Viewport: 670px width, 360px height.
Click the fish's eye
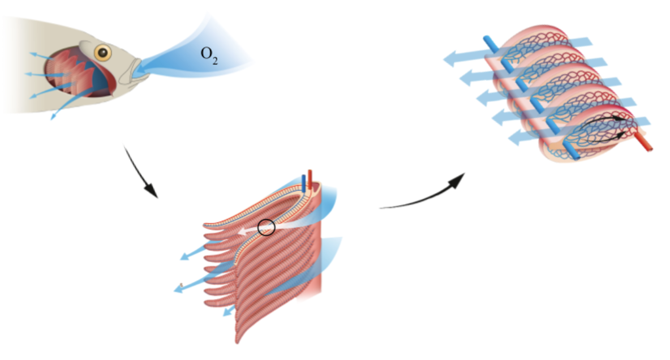coord(102,53)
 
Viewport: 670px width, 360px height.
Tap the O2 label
coord(209,55)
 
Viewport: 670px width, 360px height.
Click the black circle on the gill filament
coord(266,227)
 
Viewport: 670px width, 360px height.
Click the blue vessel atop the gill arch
coord(304,183)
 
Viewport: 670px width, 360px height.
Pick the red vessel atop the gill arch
coord(310,180)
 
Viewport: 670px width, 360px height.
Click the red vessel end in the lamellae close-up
coord(643,143)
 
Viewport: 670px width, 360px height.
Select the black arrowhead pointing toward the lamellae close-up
coord(457,180)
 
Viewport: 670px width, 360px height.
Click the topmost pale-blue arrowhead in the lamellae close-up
coord(452,58)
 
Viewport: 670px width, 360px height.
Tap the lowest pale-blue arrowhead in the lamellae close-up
coord(517,138)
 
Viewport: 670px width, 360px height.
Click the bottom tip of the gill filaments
coord(238,341)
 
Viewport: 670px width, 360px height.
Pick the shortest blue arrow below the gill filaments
coord(229,310)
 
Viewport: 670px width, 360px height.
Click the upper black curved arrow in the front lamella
coord(603,119)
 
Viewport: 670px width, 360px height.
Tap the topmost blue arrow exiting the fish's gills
coord(43,56)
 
